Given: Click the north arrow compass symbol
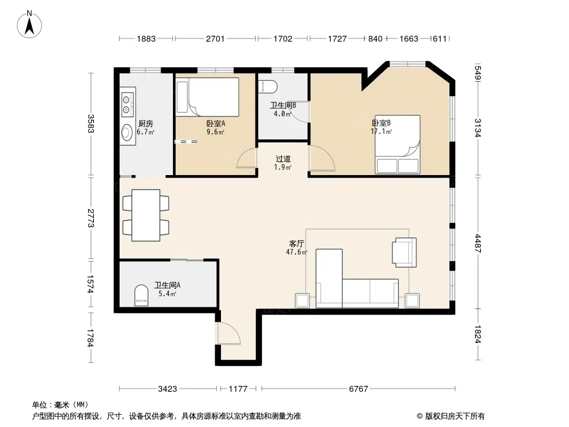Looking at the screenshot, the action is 29,25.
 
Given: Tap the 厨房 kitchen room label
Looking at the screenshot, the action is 146,124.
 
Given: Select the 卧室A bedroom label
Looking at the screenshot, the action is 216,123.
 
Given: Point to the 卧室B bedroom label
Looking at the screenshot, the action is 381,123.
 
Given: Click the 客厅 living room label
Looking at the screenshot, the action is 296,243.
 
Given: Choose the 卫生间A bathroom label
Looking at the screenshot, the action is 167,285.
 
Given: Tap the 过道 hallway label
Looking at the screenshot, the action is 283,159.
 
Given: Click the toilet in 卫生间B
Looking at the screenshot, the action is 268,87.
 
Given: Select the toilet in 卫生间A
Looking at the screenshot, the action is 141,295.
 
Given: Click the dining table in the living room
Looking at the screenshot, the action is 146,215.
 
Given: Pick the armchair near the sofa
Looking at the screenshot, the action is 404,252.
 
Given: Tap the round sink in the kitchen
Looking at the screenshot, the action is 127,132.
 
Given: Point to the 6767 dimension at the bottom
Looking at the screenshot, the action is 359,389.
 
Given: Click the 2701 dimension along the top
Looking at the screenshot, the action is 215,38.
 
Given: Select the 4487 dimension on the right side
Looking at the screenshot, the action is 478,243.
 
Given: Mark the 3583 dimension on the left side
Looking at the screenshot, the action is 91,124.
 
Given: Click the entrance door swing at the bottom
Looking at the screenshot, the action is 228,333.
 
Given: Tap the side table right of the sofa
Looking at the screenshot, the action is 412,301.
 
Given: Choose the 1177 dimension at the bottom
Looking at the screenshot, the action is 238,389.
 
